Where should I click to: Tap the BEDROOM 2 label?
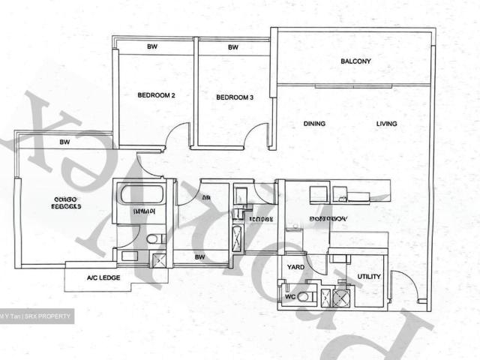156,96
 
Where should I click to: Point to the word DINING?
314,124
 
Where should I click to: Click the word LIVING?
387,124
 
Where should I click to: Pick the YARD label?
295,266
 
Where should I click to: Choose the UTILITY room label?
368,277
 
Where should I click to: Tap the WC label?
289,297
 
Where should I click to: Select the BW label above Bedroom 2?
152,47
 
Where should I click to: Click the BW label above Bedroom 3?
232,47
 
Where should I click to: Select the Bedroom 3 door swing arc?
256,135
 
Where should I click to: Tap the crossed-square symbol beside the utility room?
340,297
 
